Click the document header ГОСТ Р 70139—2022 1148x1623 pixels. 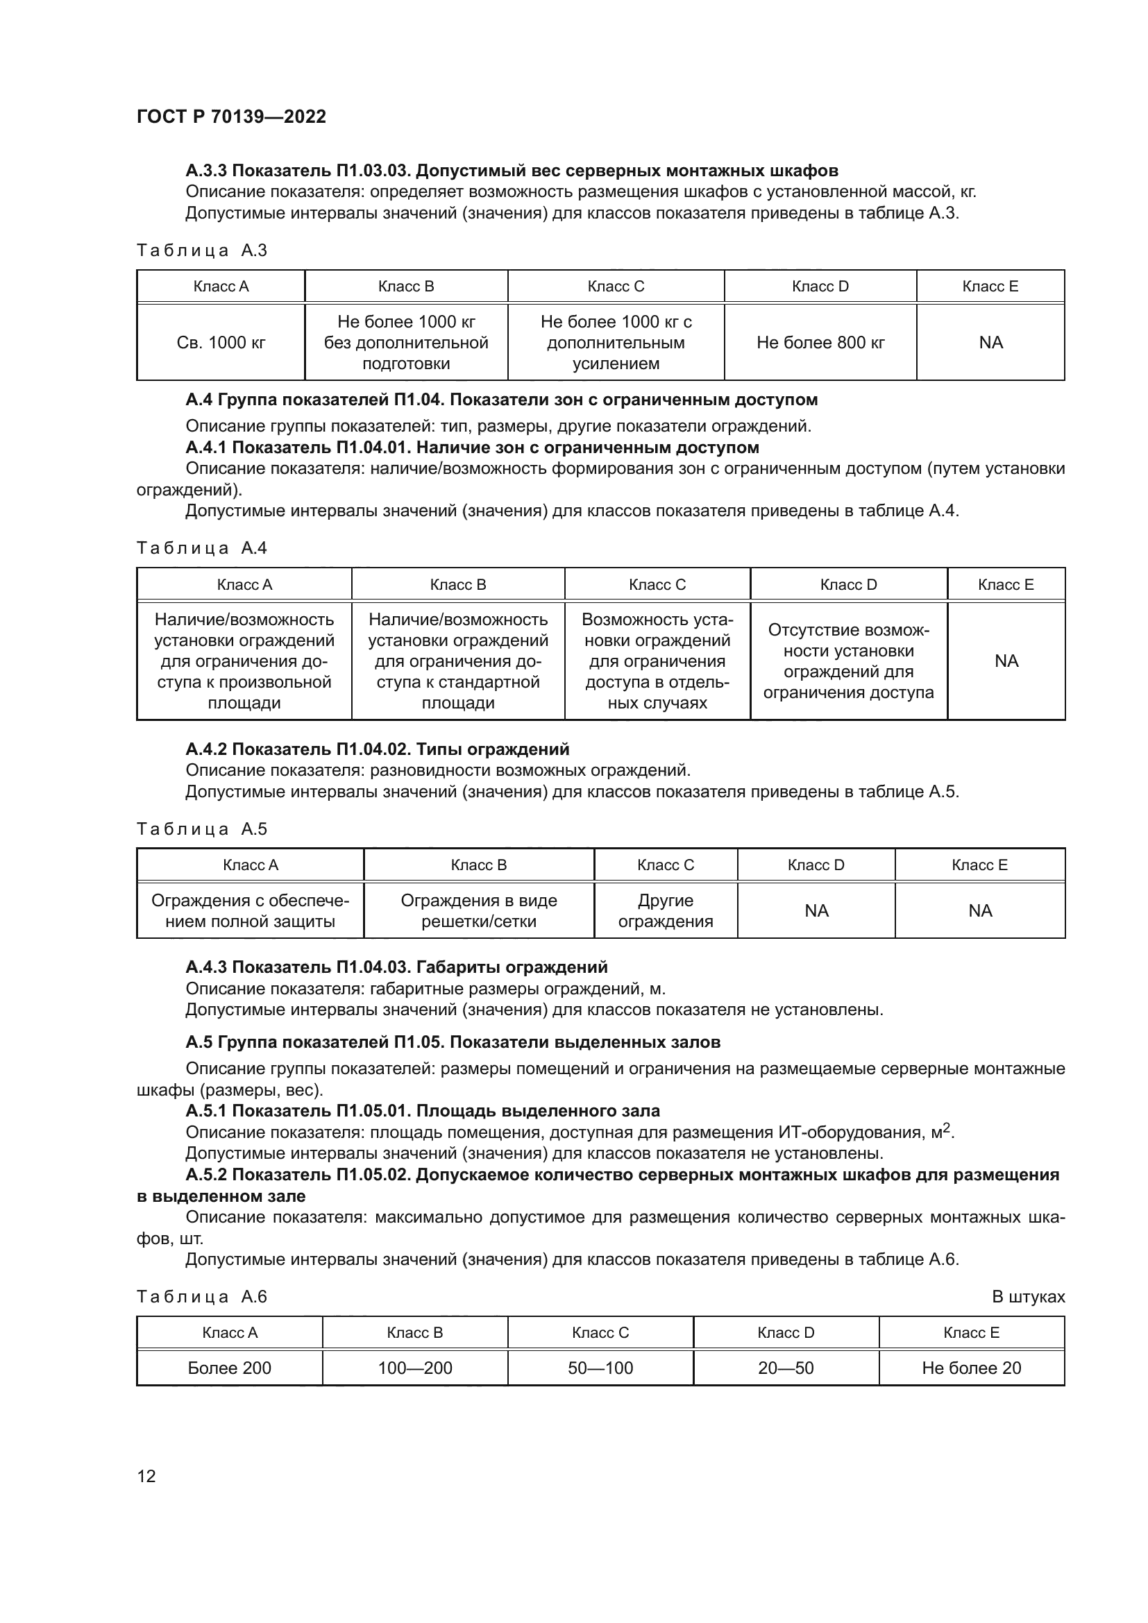pos(231,117)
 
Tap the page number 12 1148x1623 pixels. pos(146,1476)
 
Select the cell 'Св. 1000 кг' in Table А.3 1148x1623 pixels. pos(221,343)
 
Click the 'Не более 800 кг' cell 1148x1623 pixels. pos(820,343)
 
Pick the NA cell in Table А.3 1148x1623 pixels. pos(990,343)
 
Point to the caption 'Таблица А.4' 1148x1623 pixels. pos(201,548)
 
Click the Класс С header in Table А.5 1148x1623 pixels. pos(665,865)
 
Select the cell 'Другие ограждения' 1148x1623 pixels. pos(665,910)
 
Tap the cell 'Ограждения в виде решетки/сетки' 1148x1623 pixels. pos(479,910)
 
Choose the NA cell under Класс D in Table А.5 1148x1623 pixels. pos(816,910)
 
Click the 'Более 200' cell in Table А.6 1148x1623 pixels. pos(229,1368)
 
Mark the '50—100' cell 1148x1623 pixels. pos(600,1368)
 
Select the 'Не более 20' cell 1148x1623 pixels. pos(971,1368)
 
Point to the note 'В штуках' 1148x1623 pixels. pos(1028,1296)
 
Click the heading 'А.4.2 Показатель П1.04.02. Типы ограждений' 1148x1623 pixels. pos(378,749)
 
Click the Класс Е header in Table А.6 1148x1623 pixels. pos(971,1332)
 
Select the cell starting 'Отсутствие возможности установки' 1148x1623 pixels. pos(848,661)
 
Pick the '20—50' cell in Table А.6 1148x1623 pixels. pos(786,1368)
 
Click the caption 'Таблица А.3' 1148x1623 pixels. pos(201,250)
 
